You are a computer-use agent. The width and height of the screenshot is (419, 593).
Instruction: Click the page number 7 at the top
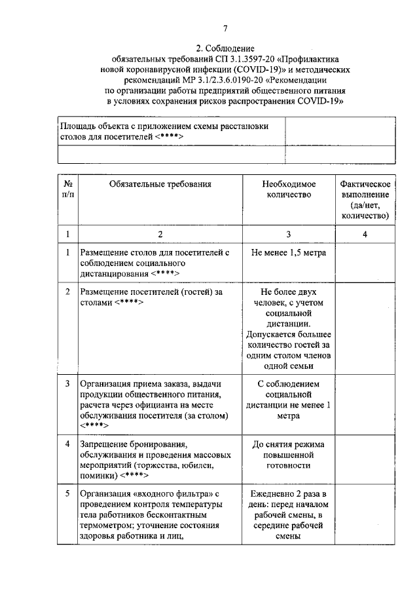[226, 28]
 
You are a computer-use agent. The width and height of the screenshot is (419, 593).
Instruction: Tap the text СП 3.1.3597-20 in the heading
[240, 58]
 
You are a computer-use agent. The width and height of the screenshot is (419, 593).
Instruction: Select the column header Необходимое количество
[289, 189]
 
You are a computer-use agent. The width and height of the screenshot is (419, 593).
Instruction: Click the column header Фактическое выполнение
[365, 199]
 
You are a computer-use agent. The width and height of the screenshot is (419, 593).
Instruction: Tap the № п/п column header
[67, 189]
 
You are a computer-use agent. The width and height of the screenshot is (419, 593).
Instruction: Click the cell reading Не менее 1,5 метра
[289, 252]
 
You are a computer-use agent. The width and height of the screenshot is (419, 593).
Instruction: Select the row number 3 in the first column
[67, 383]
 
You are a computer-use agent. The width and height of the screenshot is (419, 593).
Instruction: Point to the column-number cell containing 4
[365, 234]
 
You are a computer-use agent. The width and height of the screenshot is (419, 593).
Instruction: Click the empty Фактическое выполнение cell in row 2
[365, 328]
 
